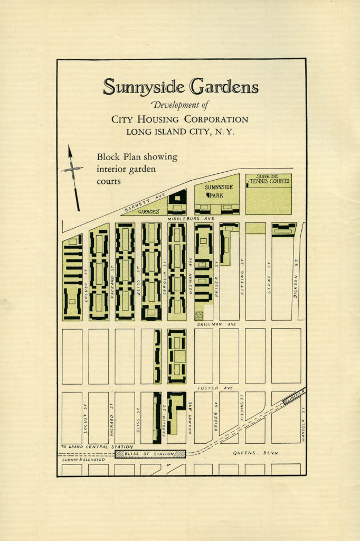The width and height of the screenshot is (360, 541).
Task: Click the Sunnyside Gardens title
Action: point(181,87)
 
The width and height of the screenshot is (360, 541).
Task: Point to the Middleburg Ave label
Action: point(191,218)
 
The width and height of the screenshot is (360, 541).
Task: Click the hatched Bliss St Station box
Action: point(150,453)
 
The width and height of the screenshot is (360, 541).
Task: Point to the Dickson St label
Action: point(297,286)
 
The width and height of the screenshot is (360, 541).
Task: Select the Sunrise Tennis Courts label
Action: point(269,179)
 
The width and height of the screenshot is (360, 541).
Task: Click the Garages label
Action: point(149,211)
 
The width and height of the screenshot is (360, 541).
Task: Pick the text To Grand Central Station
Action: point(97,447)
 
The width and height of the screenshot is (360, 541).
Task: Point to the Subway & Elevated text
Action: point(83,460)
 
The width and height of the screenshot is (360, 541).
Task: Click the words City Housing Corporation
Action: point(179,119)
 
